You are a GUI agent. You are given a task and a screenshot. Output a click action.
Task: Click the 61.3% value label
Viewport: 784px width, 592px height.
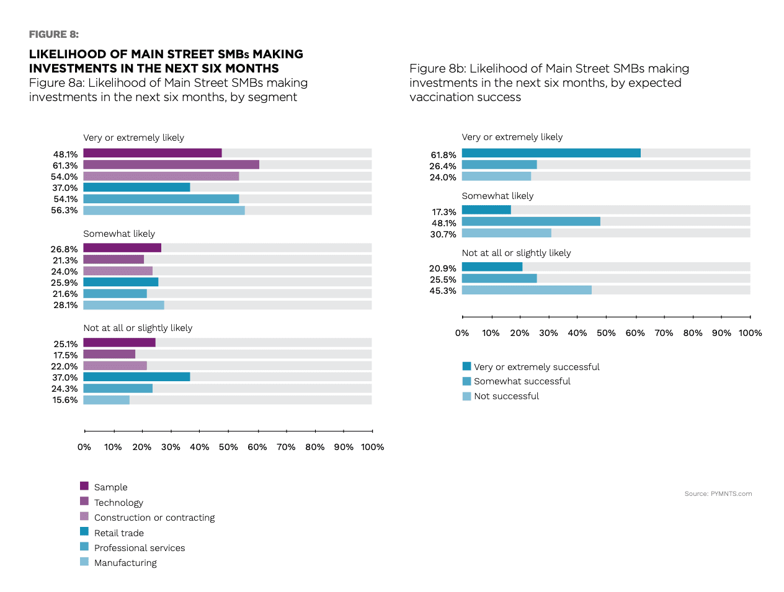click(x=65, y=166)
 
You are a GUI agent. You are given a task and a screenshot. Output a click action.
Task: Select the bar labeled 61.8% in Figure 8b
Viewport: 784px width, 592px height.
click(x=551, y=153)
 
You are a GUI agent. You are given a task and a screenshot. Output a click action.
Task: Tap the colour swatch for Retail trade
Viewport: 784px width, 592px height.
click(x=84, y=531)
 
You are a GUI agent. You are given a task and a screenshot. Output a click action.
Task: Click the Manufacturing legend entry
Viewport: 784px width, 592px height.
click(x=125, y=563)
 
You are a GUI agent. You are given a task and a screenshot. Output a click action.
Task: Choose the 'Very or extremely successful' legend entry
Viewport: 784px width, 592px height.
click(x=537, y=367)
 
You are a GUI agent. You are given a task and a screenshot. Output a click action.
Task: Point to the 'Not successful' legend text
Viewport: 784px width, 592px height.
click(x=506, y=396)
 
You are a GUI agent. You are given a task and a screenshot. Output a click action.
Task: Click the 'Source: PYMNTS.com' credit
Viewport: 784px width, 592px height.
click(x=718, y=494)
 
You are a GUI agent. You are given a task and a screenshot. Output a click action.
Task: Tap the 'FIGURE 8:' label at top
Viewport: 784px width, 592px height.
click(x=54, y=34)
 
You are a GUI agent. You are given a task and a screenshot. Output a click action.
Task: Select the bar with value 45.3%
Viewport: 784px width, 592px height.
click(x=527, y=290)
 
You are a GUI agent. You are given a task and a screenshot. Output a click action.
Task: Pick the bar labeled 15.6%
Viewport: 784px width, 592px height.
click(x=107, y=400)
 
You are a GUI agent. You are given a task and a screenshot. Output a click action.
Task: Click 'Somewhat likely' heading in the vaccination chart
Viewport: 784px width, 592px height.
click(x=497, y=196)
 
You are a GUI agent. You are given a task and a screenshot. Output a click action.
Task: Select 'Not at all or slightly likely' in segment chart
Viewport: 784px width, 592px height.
click(x=138, y=328)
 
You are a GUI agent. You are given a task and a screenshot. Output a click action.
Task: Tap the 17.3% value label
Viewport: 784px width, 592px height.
click(x=444, y=212)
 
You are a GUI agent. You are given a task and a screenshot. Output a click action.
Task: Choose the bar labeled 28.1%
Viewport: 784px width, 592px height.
click(x=123, y=305)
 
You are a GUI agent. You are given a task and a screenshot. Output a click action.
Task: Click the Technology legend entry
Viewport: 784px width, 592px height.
click(x=118, y=503)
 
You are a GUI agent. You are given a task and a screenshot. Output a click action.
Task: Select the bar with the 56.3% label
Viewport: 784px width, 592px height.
click(x=164, y=210)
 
